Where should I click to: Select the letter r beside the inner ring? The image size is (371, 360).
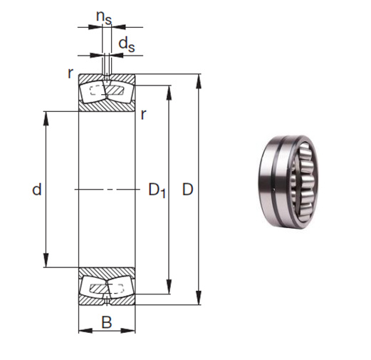(144, 114)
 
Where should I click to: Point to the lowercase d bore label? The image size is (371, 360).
(36, 190)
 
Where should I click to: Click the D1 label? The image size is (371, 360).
(157, 190)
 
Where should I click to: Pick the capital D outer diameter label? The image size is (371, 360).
(188, 190)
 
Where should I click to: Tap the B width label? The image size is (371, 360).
(106, 322)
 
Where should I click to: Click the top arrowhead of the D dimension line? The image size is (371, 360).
(198, 77)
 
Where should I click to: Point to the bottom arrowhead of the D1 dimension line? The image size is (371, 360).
(169, 289)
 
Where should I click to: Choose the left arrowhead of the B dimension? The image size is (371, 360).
(81, 330)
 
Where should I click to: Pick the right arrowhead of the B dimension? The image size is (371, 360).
(131, 330)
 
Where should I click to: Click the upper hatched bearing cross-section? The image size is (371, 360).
(106, 92)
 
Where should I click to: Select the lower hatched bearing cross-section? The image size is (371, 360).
(106, 287)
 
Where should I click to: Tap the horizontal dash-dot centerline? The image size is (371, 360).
(106, 190)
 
